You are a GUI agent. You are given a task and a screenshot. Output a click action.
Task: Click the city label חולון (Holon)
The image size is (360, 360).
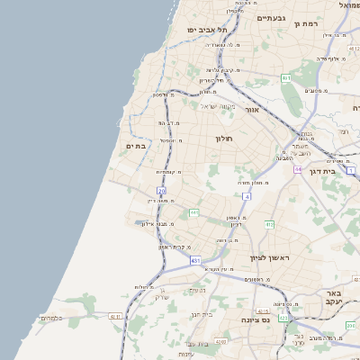click(x=224, y=139)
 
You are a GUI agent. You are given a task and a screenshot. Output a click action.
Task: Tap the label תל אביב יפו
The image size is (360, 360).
click(x=205, y=30)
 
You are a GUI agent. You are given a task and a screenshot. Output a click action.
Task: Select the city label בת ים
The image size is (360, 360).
click(x=136, y=146)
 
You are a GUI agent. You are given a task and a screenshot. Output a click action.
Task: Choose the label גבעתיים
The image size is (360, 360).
click(x=270, y=18)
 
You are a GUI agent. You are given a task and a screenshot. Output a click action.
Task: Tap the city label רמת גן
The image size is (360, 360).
click(x=307, y=23)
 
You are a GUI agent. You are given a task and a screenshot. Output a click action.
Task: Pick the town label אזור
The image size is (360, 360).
click(x=252, y=109)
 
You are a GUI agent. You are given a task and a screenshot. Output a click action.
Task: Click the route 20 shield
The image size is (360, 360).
click(x=161, y=191)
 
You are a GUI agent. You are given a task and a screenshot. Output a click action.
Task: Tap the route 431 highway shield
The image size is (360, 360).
click(x=196, y=261)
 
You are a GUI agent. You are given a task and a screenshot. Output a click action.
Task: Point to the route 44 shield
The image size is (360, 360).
click(x=298, y=168)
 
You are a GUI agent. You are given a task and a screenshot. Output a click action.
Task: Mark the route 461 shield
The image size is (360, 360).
click(x=286, y=78)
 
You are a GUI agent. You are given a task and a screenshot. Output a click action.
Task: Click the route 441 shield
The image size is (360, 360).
click(x=193, y=212)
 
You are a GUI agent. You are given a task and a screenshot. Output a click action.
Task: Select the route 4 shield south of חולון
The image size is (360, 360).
click(x=247, y=195)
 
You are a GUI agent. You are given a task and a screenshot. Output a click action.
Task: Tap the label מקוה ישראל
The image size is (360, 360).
click(x=216, y=106)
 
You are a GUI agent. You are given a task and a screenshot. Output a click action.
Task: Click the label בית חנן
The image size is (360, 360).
click(x=202, y=314)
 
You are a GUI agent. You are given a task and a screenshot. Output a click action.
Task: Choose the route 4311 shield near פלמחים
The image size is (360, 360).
click(x=114, y=317)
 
